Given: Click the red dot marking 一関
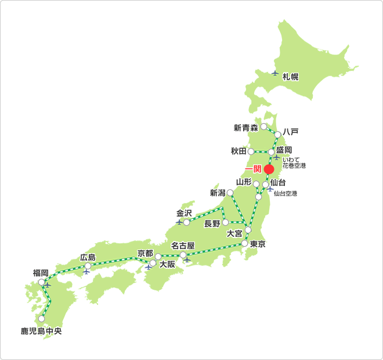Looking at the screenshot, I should coord(269,169).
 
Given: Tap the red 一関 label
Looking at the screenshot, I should coord(252,169).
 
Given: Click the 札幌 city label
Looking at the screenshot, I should coord(291,77).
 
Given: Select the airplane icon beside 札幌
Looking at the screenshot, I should coord(275,73).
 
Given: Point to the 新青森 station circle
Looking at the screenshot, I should coord(264,126).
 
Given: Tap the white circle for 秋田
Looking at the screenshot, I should coord(251,152).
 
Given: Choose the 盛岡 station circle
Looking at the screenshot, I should coord(271,152).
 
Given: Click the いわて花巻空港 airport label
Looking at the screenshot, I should coord(294,163).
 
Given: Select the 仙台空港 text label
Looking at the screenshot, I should coord(286,193).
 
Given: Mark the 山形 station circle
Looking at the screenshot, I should coord(256,184).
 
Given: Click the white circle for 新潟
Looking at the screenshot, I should coord(230,192).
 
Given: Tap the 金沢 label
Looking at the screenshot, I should coord(184,213).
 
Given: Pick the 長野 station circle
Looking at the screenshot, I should coord(225,222).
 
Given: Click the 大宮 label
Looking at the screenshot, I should coord(234,234).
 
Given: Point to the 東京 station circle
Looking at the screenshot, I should coord(244,243).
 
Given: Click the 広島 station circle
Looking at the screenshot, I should coord(88,267).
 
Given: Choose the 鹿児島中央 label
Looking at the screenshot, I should coord(41,332).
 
